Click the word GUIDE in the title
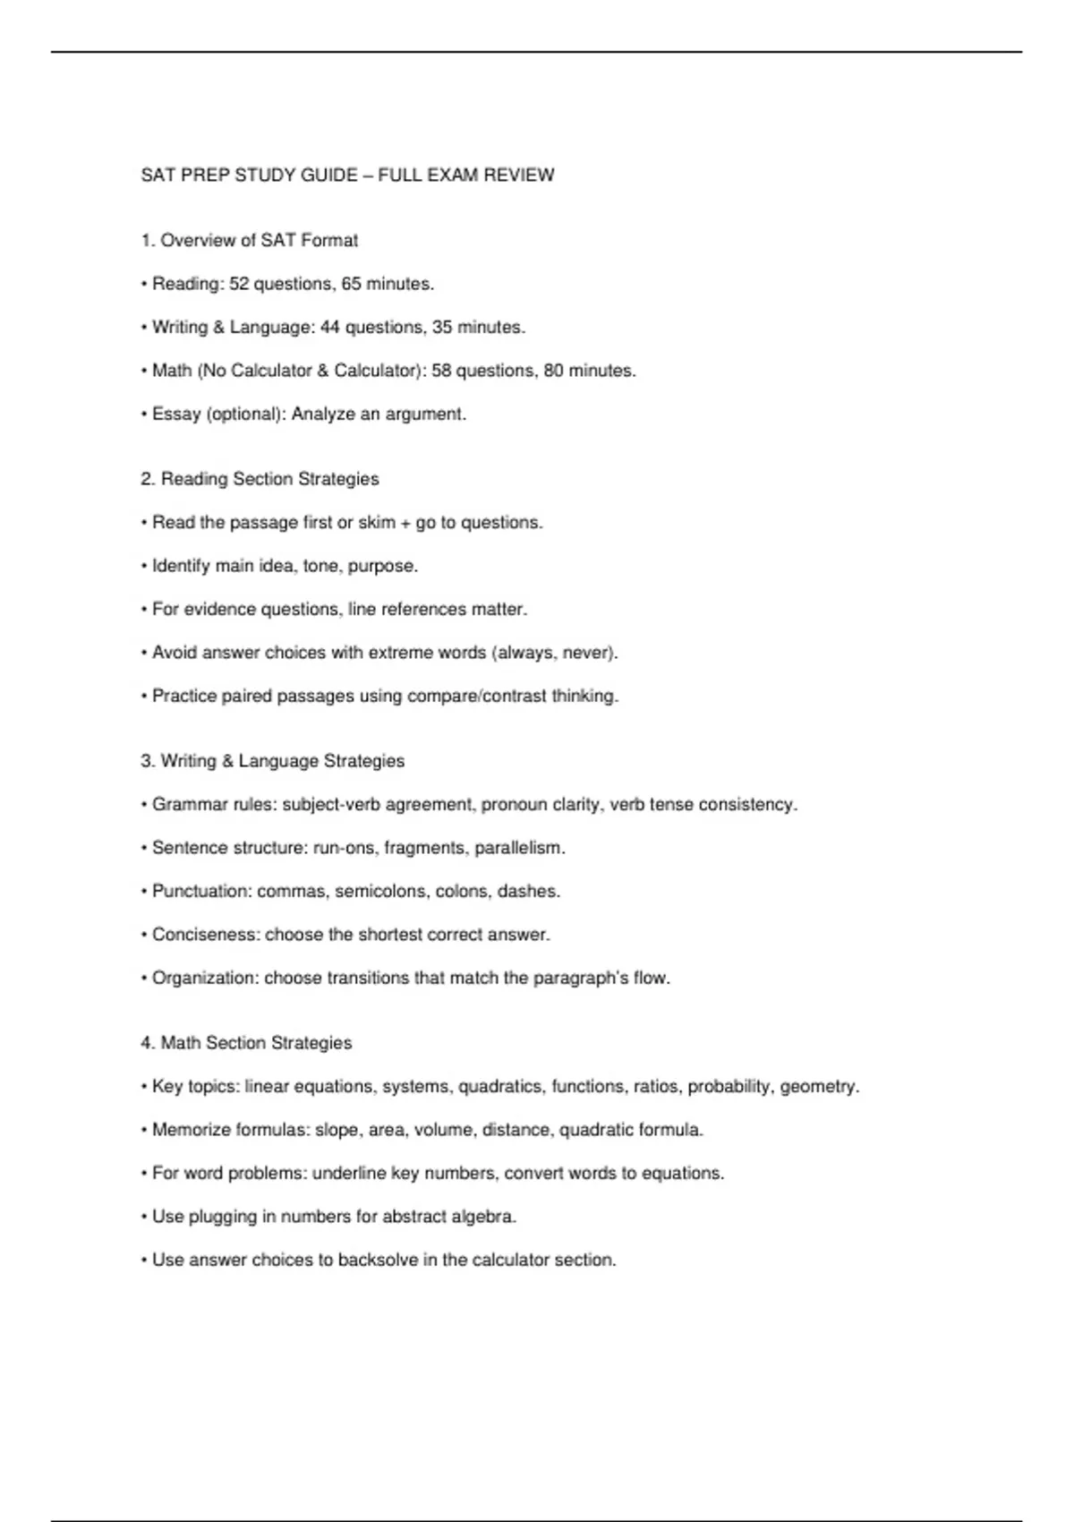click(x=329, y=175)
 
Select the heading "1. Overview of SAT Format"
click(x=249, y=241)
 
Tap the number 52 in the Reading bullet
click(x=239, y=284)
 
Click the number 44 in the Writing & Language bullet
click(x=330, y=328)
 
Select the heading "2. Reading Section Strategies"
click(x=260, y=479)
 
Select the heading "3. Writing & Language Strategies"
click(x=272, y=761)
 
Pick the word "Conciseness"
click(x=205, y=935)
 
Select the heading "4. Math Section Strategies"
click(x=246, y=1043)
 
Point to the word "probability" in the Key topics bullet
click(x=729, y=1087)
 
